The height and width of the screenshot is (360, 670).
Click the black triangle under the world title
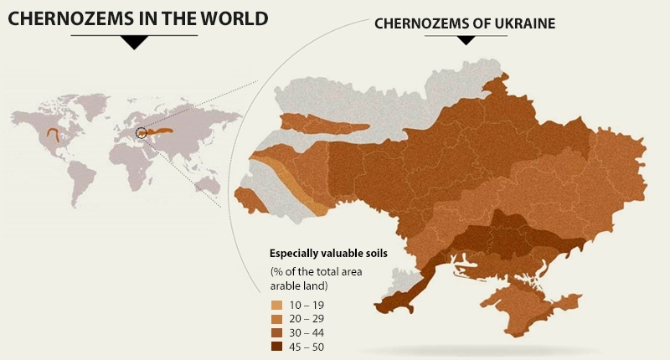pyautogui.click(x=131, y=44)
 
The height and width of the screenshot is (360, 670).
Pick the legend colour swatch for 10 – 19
pyautogui.click(x=276, y=305)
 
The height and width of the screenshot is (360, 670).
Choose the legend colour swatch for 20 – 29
pyautogui.click(x=276, y=319)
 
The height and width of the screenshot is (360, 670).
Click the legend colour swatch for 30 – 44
pyautogui.click(x=276, y=332)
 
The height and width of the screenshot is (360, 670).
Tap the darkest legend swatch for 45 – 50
pyautogui.click(x=276, y=347)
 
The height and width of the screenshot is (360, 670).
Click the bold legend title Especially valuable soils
pyautogui.click(x=327, y=254)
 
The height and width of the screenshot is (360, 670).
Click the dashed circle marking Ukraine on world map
pyautogui.click(x=141, y=131)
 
